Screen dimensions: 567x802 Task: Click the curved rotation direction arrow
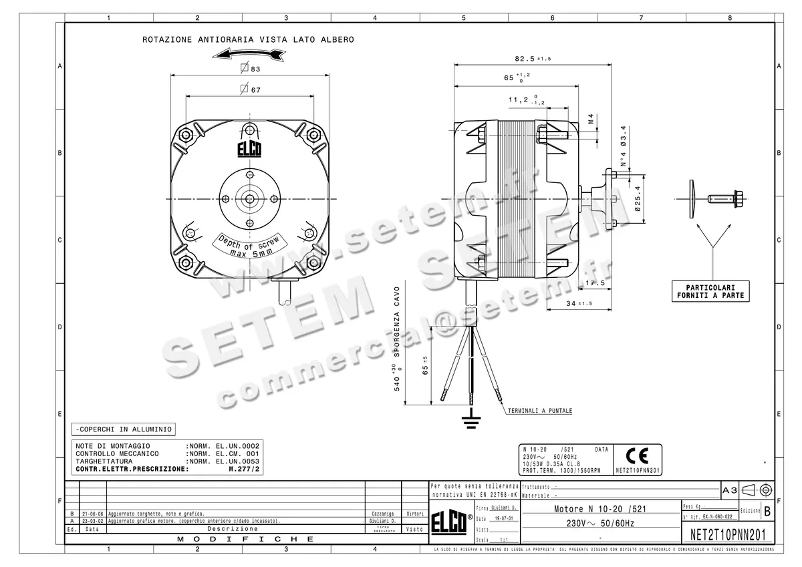(249, 53)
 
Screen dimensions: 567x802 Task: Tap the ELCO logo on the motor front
(249, 148)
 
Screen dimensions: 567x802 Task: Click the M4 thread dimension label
(591, 120)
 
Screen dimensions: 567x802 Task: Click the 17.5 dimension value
(593, 283)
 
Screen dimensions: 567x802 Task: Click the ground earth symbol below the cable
(472, 419)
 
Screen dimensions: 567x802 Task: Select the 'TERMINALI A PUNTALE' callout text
(540, 411)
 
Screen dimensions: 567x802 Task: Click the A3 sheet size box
(730, 490)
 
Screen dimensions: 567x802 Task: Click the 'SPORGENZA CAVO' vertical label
(397, 318)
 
